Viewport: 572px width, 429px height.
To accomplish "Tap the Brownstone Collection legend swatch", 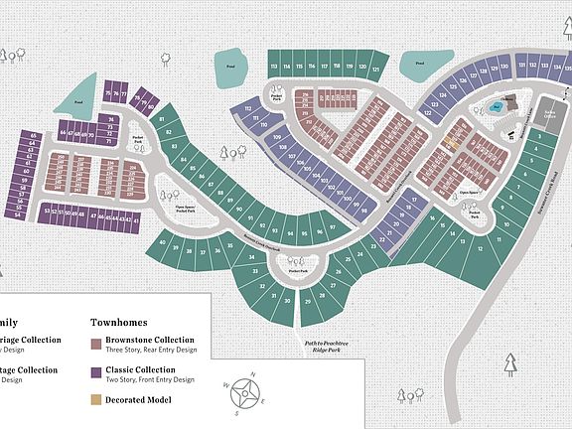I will click(95, 344).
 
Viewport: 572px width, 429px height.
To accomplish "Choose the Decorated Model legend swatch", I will click(95, 400).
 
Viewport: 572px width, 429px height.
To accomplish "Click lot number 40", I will click(162, 241).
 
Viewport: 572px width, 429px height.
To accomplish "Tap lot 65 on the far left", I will click(34, 135).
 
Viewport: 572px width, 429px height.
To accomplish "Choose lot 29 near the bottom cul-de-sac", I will click(309, 299).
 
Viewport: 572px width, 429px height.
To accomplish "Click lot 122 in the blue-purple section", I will click(428, 114).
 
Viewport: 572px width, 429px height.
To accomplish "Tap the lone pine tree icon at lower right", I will click(511, 364).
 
